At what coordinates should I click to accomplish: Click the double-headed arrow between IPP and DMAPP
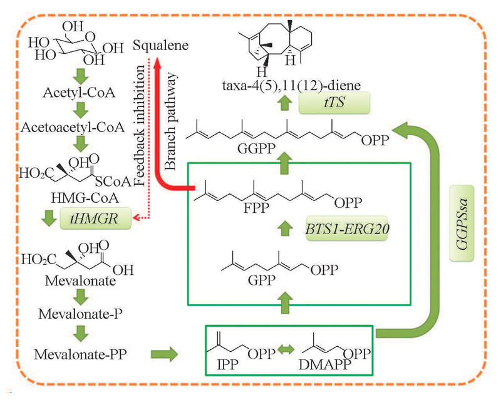286,355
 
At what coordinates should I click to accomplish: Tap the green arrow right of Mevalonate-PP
163,355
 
